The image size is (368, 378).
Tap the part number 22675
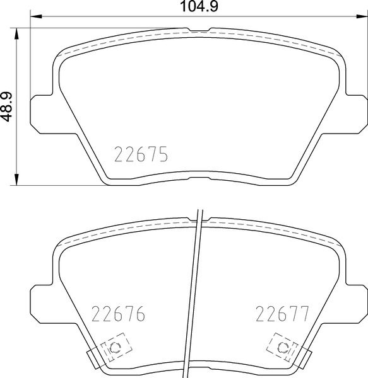[x=140, y=154]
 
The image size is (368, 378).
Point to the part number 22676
[x=119, y=313]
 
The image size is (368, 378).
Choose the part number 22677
[x=281, y=313]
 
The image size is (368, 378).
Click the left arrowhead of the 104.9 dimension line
[x=35, y=17]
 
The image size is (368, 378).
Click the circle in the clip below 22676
[x=114, y=348]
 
